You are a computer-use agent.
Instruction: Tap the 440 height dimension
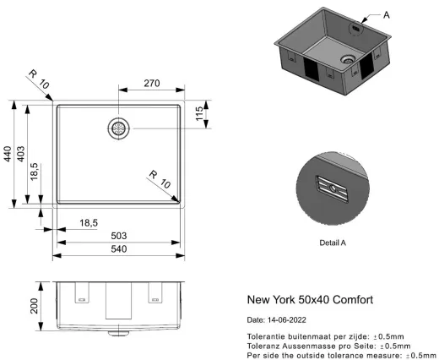point(8,154)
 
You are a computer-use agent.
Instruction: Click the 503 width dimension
point(118,235)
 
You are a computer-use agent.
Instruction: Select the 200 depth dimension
point(35,305)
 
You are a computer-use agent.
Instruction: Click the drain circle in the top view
point(118,128)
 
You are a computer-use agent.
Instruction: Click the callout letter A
point(386,14)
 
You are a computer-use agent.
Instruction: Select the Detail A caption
point(333,243)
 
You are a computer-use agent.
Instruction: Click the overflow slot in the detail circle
point(331,187)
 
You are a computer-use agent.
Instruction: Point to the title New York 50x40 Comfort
point(309,299)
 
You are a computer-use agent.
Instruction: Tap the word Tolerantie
point(265,336)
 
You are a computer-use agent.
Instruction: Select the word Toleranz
point(263,346)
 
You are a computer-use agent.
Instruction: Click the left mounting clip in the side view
point(82,292)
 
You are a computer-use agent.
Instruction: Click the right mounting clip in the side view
point(155,292)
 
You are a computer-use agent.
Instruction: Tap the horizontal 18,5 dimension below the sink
point(89,222)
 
